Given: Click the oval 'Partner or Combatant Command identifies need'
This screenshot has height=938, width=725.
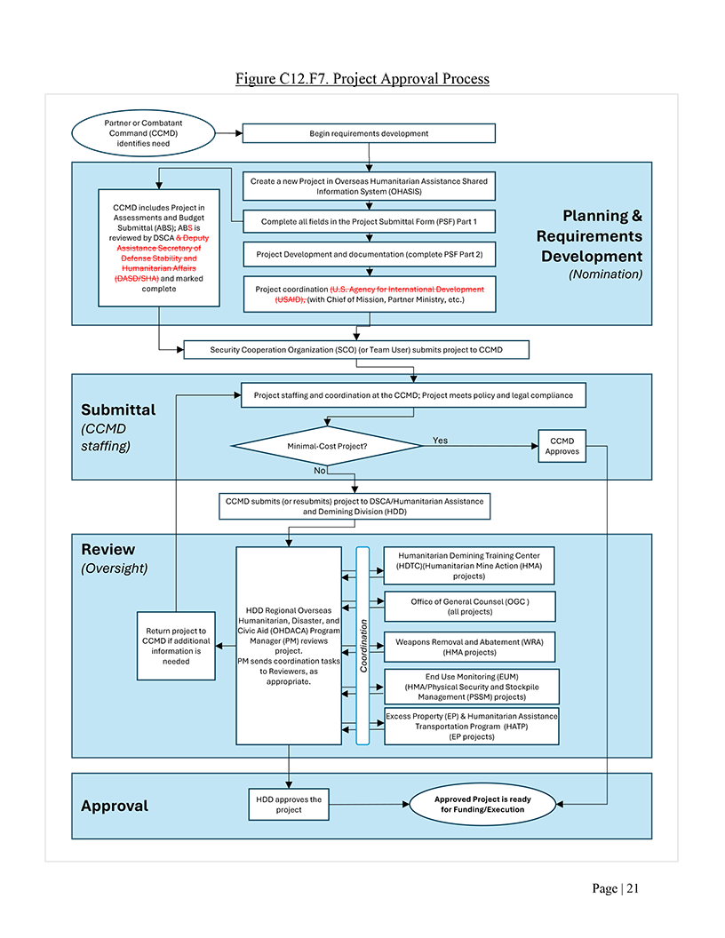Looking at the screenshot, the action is pos(143,133).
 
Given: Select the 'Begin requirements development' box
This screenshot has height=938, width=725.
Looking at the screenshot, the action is pos(369,133).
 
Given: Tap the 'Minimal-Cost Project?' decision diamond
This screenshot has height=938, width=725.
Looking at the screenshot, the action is pos(327,446).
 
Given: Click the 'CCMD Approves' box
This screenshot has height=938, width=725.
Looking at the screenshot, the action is pos(562,446).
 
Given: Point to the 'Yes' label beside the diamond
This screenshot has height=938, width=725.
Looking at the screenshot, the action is pos(441,441).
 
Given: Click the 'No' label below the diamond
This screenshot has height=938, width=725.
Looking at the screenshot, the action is pos(320,471).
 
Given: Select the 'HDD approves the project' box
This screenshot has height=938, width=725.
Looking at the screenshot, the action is pos(289,805).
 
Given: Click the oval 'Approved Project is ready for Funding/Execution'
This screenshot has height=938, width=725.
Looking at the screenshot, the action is pos(482,805).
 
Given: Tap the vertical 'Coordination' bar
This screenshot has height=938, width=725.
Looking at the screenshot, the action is pos(363,646).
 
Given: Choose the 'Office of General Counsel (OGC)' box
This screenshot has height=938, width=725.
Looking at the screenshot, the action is pos(470,607).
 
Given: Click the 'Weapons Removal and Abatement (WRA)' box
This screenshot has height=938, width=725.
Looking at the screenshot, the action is pos(470,647).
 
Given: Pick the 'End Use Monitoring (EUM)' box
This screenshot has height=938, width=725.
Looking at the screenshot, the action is pos(472,687).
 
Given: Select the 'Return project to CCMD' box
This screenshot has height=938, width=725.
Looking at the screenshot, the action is pos(176,646).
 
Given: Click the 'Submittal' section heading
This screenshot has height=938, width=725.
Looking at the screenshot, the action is pos(118,409).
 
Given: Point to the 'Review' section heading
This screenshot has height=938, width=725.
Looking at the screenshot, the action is pos(108,549).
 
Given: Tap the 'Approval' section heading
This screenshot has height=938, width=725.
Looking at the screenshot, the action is pos(115,806).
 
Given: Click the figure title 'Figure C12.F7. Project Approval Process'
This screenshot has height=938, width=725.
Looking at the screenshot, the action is pos(362,78).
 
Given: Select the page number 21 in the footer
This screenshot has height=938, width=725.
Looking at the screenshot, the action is pos(633,888).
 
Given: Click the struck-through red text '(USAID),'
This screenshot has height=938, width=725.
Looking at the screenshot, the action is pos(291,299).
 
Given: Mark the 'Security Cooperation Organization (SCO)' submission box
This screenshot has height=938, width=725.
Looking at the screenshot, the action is pos(356,350).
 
